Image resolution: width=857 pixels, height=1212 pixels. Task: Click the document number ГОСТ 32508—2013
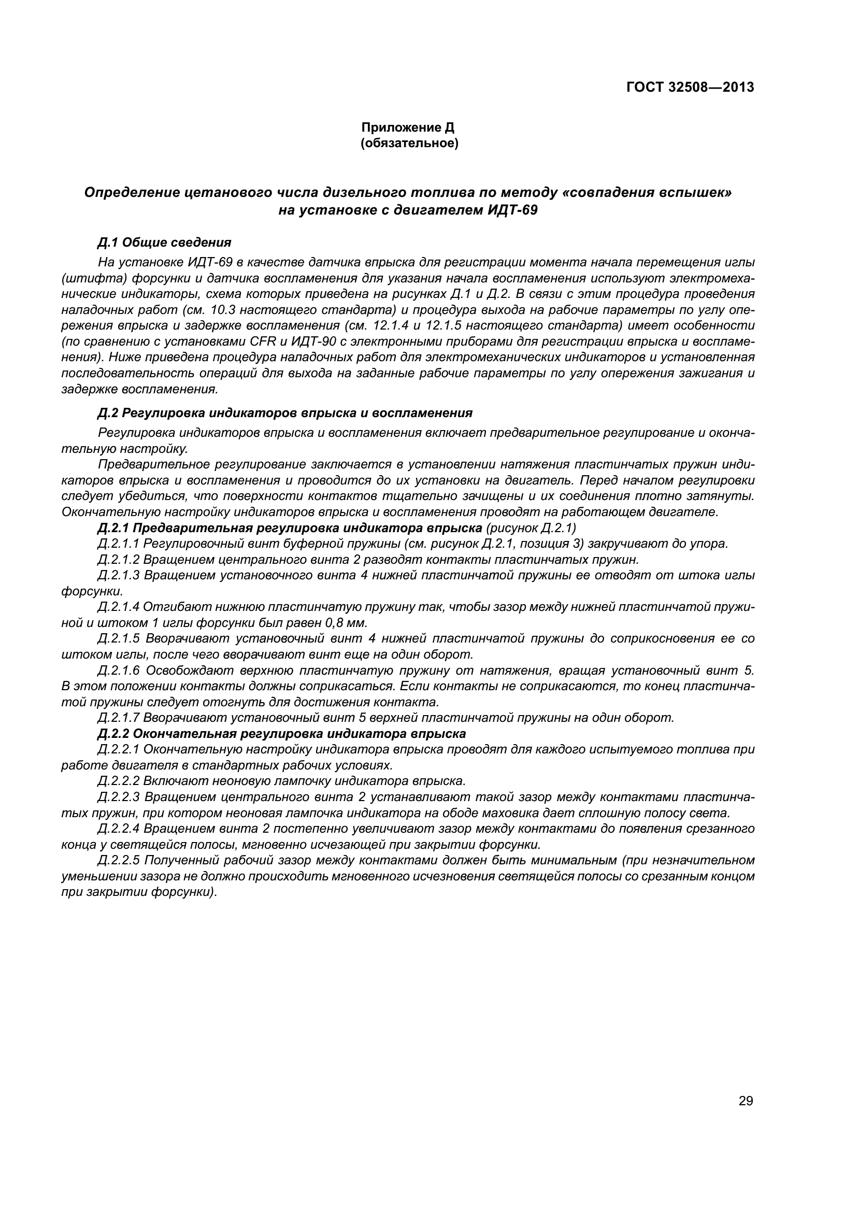690,87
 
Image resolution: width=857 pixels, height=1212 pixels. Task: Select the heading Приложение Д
407,127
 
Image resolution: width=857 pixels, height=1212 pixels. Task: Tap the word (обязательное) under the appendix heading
409,143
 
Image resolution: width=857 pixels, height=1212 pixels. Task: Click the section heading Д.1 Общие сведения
165,243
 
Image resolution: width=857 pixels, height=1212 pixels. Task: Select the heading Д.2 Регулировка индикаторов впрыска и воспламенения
285,412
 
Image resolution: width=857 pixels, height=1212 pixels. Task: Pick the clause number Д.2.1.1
119,543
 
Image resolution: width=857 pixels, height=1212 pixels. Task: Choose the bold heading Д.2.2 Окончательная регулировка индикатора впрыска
282,733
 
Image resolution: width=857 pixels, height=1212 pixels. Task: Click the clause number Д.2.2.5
119,860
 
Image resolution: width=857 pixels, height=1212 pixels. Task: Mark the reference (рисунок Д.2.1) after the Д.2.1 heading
531,528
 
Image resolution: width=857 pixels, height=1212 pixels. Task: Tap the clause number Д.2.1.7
119,717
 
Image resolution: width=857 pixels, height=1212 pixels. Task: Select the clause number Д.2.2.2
119,781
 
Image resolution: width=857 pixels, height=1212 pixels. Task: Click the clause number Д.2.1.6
119,670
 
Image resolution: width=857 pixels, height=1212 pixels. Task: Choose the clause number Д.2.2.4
119,828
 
